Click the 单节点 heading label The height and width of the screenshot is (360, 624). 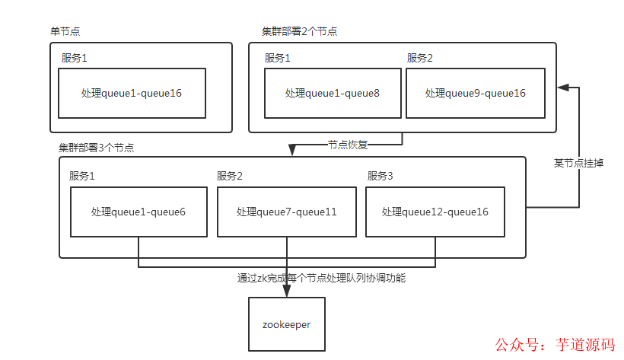point(65,31)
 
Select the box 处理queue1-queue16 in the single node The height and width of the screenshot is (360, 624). point(132,93)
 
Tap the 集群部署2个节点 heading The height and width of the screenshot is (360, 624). point(300,31)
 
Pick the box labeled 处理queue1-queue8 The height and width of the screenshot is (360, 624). point(333,93)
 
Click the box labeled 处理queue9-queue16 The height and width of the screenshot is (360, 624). point(476,93)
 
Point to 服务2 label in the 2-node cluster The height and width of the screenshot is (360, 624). point(420,58)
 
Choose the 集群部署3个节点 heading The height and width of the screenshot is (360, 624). point(97,147)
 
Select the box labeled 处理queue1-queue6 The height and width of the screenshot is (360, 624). point(138,212)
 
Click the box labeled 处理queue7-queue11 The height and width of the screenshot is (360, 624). point(287,212)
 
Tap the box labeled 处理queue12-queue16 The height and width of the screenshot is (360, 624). point(435,212)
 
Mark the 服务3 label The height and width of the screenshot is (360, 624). point(380,176)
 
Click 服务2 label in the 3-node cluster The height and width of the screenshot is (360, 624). point(230,176)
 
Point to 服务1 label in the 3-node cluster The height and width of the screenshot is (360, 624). point(82,176)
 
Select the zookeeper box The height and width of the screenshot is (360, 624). point(287,323)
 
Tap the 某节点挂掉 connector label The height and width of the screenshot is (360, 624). point(578,163)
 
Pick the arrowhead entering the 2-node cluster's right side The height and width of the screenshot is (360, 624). point(562,88)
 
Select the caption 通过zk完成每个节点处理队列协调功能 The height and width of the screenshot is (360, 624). point(322,279)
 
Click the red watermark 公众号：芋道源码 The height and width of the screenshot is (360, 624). point(555,345)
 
